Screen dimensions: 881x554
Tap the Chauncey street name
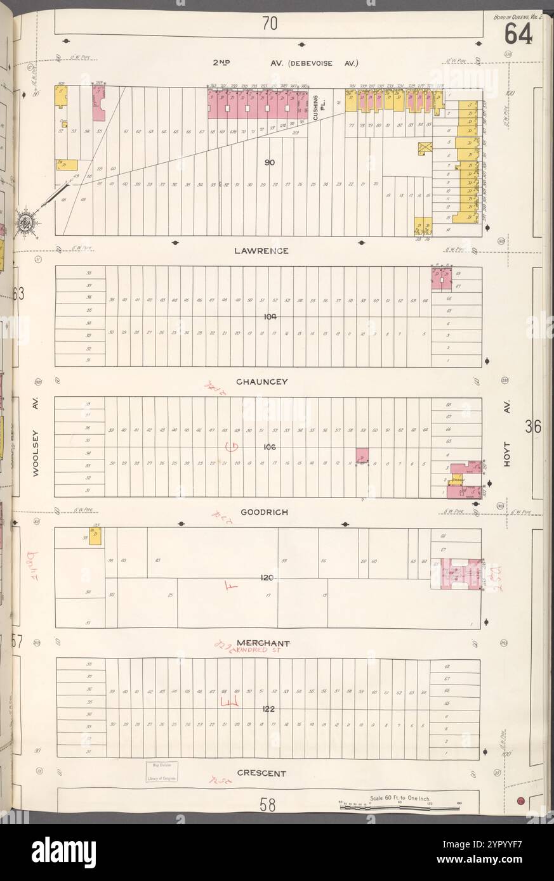[263, 382]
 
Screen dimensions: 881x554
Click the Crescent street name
[261, 773]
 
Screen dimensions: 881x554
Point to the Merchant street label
[259, 642]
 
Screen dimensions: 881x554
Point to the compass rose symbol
[25, 222]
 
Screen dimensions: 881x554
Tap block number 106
[268, 447]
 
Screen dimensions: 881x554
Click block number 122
[268, 709]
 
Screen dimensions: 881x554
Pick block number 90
[269, 163]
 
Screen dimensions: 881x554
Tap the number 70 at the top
[269, 23]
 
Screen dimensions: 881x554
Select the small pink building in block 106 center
[362, 456]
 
